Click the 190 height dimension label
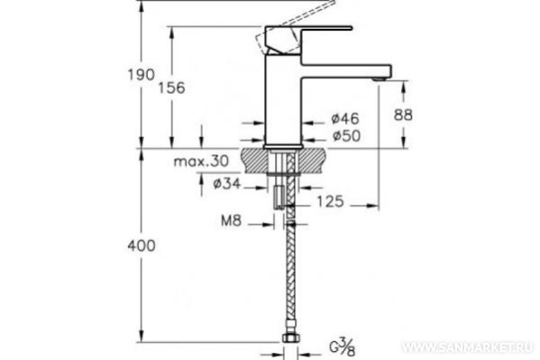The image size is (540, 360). pyautogui.click(x=142, y=75)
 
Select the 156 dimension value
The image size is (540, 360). pyautogui.click(x=171, y=88)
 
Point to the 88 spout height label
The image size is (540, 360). pyautogui.click(x=403, y=115)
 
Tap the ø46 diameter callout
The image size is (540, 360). pyautogui.click(x=345, y=118)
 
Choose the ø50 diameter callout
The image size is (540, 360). pyautogui.click(x=346, y=135)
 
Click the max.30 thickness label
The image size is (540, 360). pyautogui.click(x=201, y=161)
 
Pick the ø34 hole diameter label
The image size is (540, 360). pyautogui.click(x=226, y=184)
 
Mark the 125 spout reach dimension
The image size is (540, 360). pyautogui.click(x=330, y=202)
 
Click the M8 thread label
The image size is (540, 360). pyautogui.click(x=231, y=221)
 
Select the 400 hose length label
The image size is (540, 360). pyautogui.click(x=142, y=246)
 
